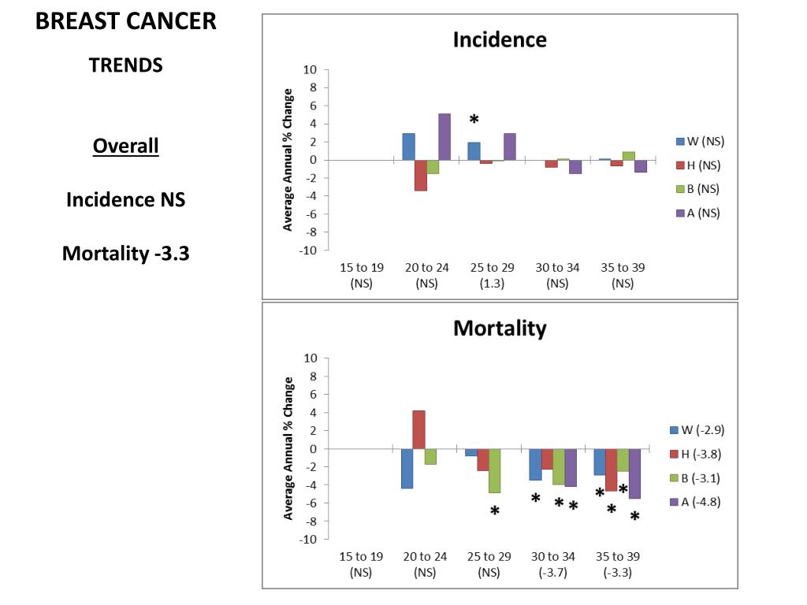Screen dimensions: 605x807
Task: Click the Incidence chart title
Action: [x=499, y=40]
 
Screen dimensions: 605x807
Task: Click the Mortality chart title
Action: [x=499, y=328]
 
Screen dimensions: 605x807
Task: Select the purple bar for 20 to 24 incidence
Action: [x=444, y=136]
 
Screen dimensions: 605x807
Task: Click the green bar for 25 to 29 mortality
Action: [x=495, y=470]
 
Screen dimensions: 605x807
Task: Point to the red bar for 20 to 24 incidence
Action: [x=421, y=175]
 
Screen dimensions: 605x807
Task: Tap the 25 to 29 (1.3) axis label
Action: [x=486, y=274]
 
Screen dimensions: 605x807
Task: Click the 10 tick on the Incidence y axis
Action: [x=311, y=69]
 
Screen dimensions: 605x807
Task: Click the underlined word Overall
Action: [x=126, y=147]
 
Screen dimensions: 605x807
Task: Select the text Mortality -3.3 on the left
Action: [x=126, y=254]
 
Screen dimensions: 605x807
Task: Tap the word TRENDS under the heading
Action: [x=126, y=65]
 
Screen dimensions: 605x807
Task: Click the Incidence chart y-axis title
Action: [x=288, y=159]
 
